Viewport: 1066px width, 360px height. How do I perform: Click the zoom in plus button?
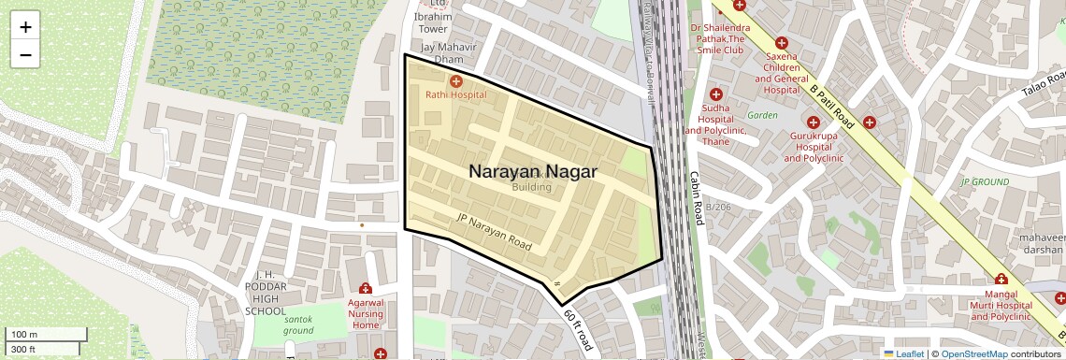pos(25,27)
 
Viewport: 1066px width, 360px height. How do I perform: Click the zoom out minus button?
pos(25,55)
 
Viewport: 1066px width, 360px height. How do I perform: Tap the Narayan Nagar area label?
pos(532,172)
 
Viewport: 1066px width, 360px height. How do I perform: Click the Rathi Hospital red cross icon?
pos(456,82)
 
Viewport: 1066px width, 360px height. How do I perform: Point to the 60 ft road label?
pos(579,329)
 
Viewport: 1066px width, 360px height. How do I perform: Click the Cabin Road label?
pos(696,197)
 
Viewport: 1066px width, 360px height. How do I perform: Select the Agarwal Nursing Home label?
pos(367,313)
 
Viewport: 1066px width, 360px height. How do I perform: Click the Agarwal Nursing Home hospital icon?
pos(366,289)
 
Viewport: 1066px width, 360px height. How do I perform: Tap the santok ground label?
pos(298,324)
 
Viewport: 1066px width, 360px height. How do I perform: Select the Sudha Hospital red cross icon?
pos(716,94)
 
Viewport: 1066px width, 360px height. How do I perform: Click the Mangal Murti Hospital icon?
pos(1001,279)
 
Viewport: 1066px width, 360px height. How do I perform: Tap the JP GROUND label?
pos(985,181)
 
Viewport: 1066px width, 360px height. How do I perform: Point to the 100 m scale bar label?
pos(24,335)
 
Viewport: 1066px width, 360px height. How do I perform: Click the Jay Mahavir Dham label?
pos(450,53)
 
